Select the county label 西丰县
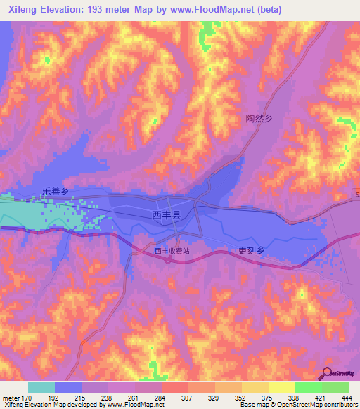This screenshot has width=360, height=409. pos(167,216)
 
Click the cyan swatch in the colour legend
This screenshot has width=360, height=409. pos(41,387)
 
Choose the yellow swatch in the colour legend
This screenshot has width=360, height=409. pos(281,387)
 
